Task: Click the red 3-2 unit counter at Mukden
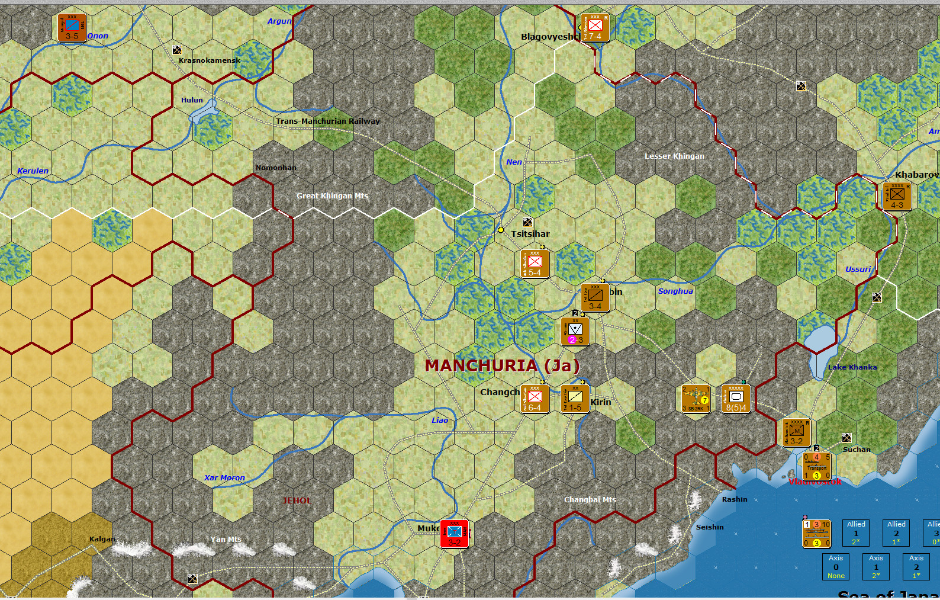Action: pyautogui.click(x=455, y=534)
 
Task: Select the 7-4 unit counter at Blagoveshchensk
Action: pyautogui.click(x=595, y=28)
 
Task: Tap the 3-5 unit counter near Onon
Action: pyautogui.click(x=72, y=27)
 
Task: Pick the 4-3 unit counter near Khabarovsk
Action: pyautogui.click(x=897, y=196)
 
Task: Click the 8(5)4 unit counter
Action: pyautogui.click(x=736, y=399)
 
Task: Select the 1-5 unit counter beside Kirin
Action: pyautogui.click(x=575, y=399)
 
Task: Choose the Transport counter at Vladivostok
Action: pyautogui.click(x=817, y=466)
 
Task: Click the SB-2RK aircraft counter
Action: pyautogui.click(x=696, y=399)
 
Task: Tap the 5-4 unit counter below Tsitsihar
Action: pyautogui.click(x=535, y=264)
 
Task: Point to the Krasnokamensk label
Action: pyautogui.click(x=209, y=60)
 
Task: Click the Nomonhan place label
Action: pyautogui.click(x=276, y=168)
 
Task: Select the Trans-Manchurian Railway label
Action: pyautogui.click(x=328, y=121)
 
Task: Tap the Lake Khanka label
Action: pyautogui.click(x=852, y=367)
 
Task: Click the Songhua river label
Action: pyautogui.click(x=675, y=291)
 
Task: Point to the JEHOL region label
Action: pyautogui.click(x=297, y=500)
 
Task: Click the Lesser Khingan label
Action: pyautogui.click(x=674, y=156)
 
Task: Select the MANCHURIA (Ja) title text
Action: pyautogui.click(x=502, y=365)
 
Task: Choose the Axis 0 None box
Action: pyautogui.click(x=836, y=567)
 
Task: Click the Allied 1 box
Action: pyautogui.click(x=856, y=533)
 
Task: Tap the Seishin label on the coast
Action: pyautogui.click(x=710, y=527)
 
